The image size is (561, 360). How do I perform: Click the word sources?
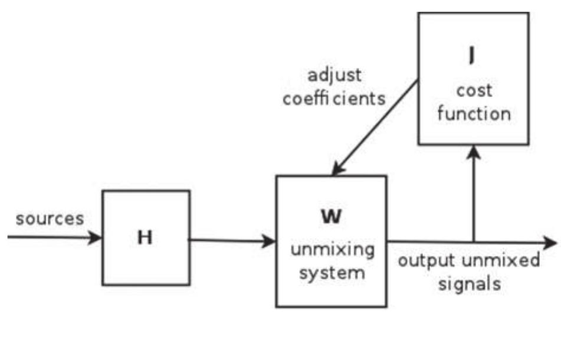50,219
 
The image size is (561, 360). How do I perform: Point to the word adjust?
334,76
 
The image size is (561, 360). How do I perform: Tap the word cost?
473,91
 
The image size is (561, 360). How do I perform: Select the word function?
474,113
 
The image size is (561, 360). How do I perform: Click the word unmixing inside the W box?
333,250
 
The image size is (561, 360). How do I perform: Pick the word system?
333,273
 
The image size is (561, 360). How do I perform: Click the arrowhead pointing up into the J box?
473,152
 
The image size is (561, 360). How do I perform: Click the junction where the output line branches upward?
473,241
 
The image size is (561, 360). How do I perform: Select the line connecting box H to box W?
230,240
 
